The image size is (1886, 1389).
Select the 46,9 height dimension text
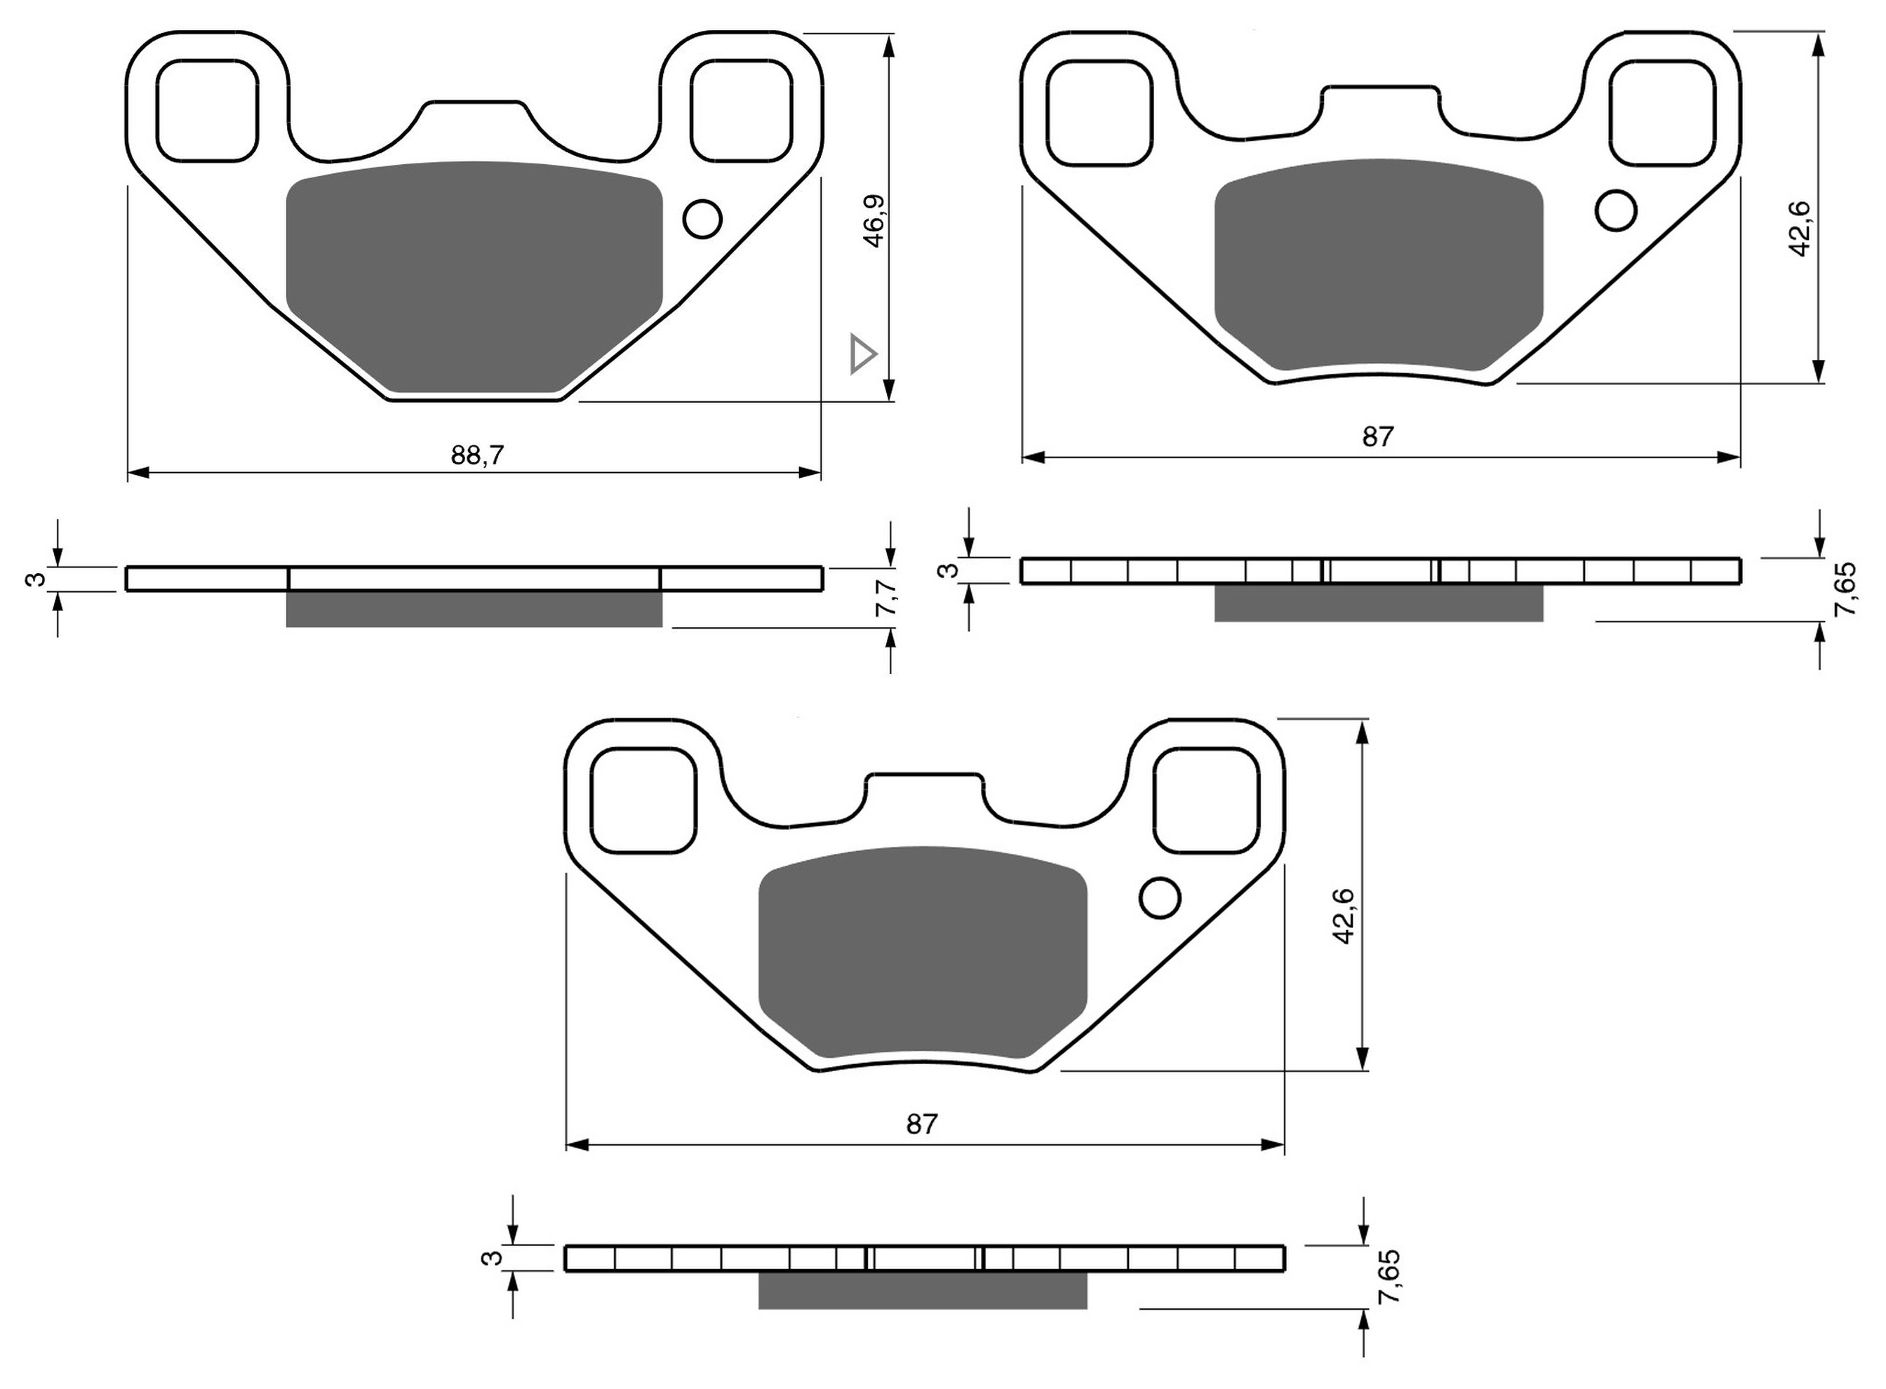tap(874, 221)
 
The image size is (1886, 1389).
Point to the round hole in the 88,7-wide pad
tap(702, 220)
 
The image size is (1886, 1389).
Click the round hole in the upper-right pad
tap(1615, 210)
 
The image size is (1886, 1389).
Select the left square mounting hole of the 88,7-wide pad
tap(207, 110)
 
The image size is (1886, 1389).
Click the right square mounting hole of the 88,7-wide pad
tap(741, 110)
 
